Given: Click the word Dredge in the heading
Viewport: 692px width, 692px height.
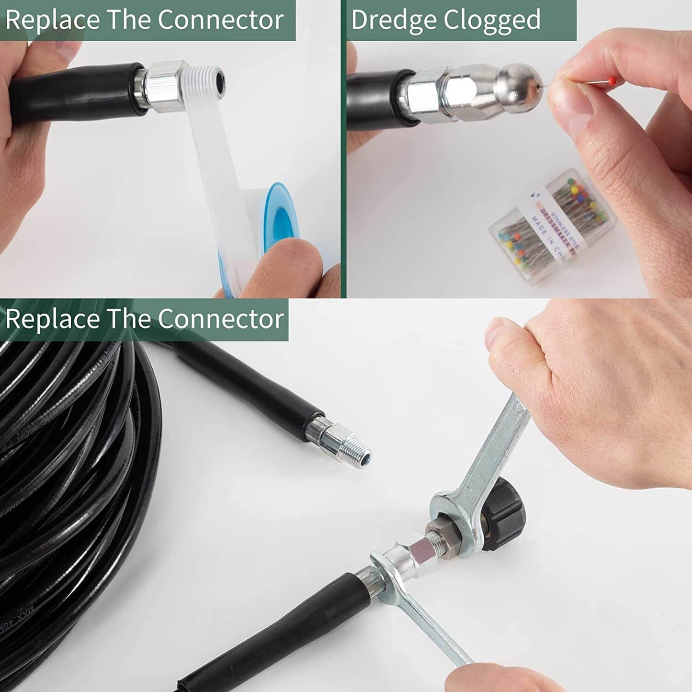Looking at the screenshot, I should (x=394, y=21).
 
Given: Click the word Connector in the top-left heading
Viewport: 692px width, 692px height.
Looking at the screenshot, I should (x=220, y=21).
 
